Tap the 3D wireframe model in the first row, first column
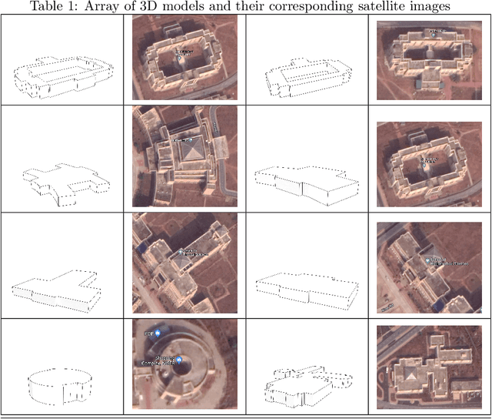(x=61, y=75)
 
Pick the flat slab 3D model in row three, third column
(x=306, y=289)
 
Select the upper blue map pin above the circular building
(x=157, y=334)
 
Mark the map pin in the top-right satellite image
(x=434, y=32)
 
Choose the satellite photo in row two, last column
(x=430, y=159)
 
